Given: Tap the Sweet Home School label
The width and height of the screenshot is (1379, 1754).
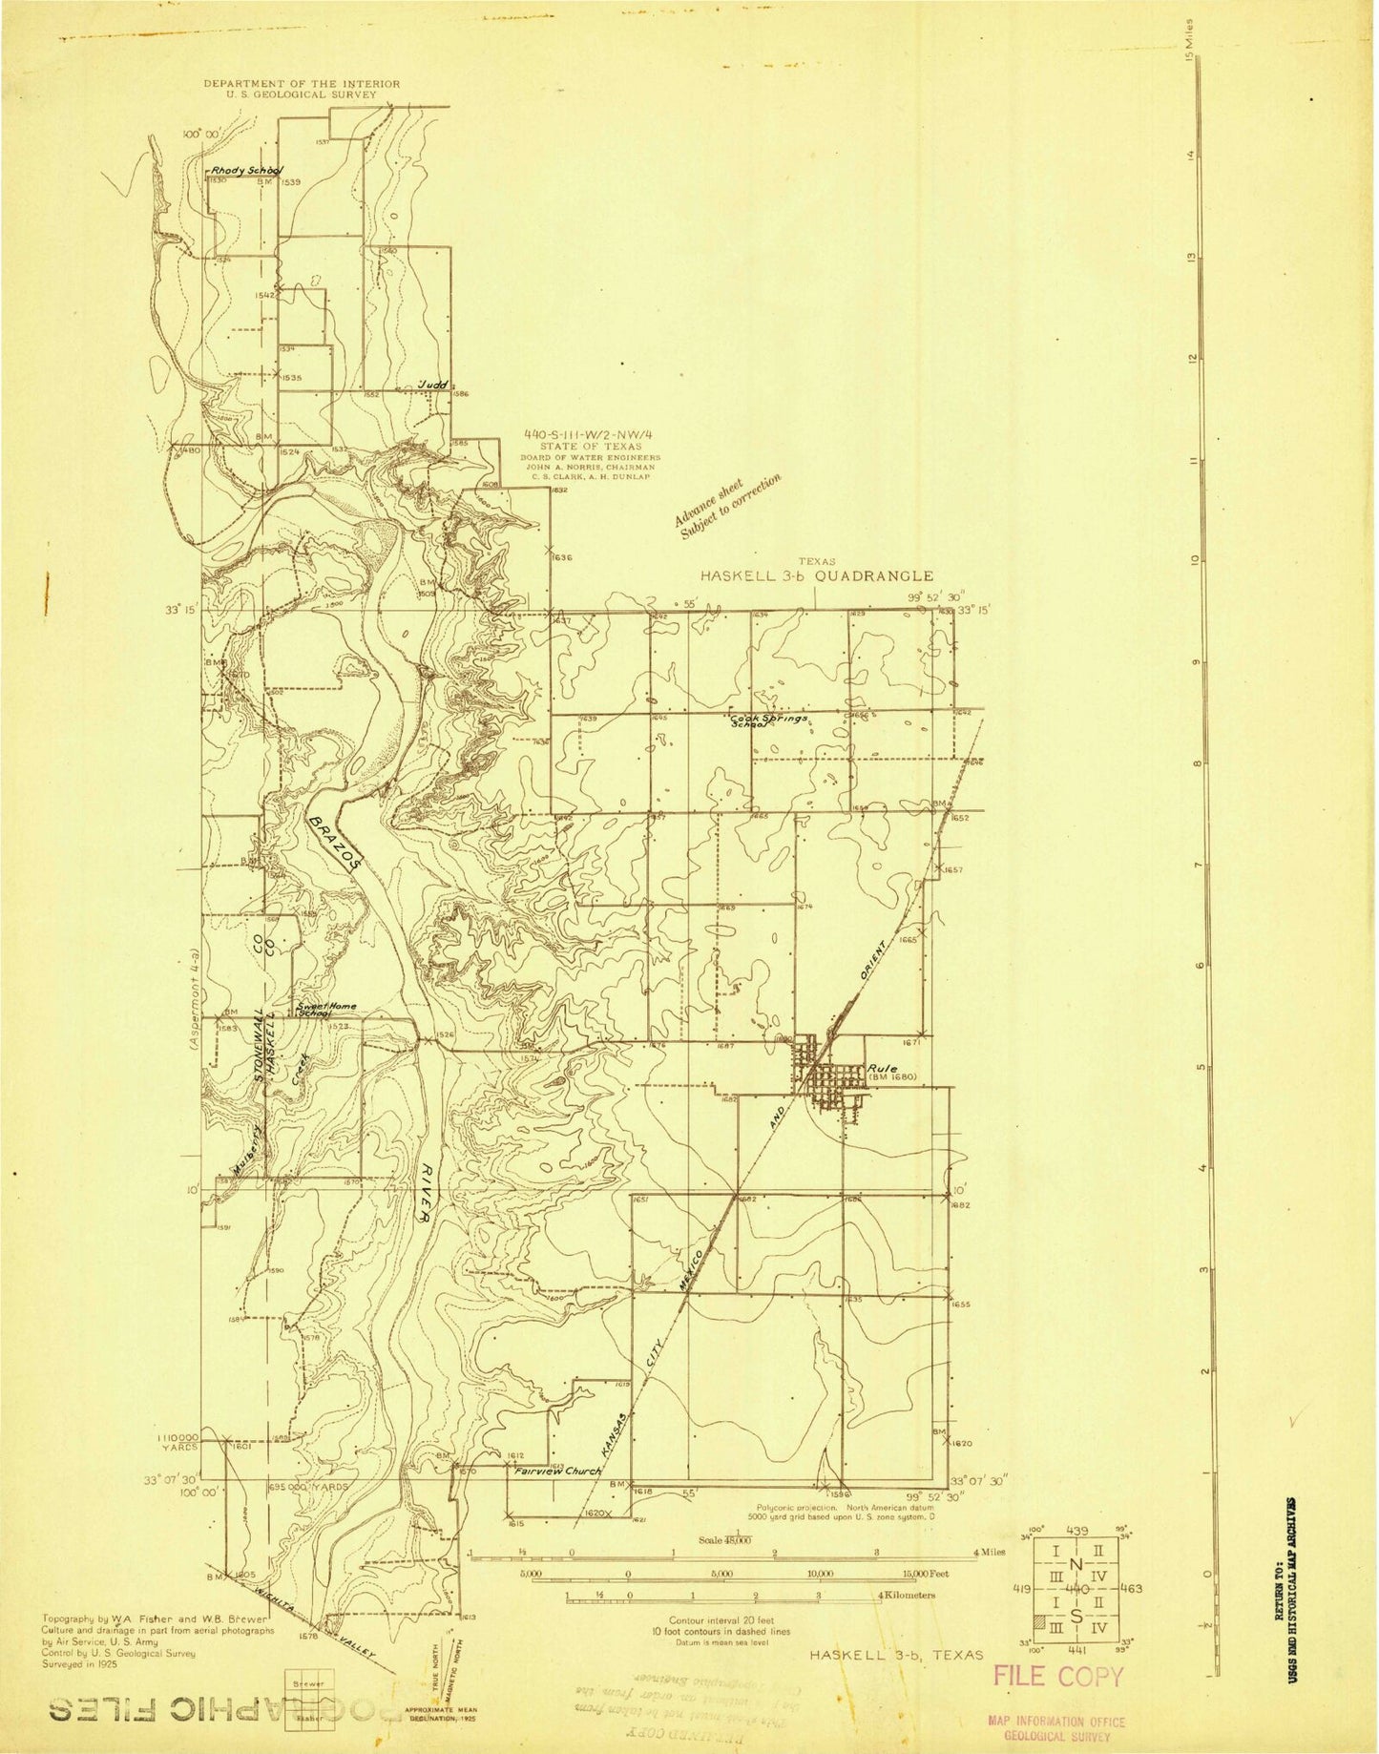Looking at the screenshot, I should point(313,1010).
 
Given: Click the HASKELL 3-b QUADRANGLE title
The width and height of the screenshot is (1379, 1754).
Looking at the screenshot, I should point(817,575).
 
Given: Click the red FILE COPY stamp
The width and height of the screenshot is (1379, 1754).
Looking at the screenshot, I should point(1057,1676).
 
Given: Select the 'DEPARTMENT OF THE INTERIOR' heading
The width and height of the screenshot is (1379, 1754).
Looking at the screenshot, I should point(302,84).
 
